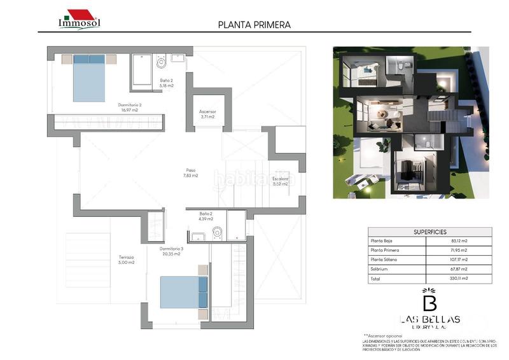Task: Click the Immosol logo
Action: [79, 19]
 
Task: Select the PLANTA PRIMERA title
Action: [254, 25]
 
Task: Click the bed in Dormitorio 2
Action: [88, 78]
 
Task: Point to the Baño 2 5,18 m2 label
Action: [167, 82]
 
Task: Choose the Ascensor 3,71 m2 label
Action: [207, 114]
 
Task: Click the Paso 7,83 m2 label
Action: [191, 172]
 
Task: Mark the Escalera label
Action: [281, 181]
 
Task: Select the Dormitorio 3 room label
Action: [171, 251]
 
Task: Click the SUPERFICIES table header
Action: [429, 232]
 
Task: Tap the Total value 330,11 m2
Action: [456, 278]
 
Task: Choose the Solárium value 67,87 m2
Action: [456, 269]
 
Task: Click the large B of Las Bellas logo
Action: [429, 301]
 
